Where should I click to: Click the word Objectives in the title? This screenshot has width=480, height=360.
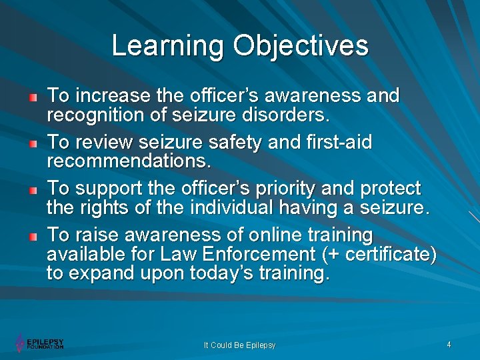pyautogui.click(x=300, y=46)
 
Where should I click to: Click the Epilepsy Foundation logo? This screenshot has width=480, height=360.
pyautogui.click(x=40, y=343)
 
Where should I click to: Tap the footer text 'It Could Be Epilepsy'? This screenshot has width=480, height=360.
pyautogui.click(x=239, y=345)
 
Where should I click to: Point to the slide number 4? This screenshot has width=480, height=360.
pyautogui.click(x=449, y=345)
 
